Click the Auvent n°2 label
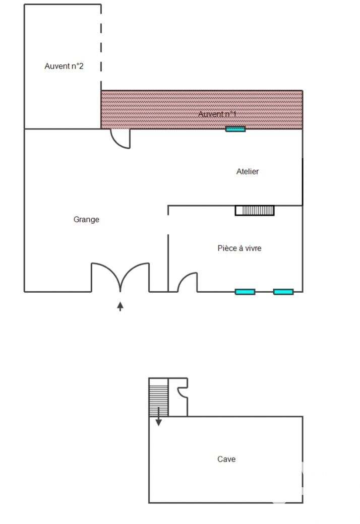(64, 66)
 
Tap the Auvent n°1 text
(217, 114)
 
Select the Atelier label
(248, 171)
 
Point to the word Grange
(86, 220)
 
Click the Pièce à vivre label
(239, 248)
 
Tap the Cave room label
(226, 459)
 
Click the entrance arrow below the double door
(120, 306)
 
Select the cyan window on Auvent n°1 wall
(235, 129)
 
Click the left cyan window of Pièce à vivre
(245, 292)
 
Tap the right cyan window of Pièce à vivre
(283, 292)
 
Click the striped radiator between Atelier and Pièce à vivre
(255, 211)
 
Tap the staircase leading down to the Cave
(158, 398)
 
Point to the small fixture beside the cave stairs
(183, 392)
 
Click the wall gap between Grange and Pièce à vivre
(168, 225)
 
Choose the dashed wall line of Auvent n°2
(101, 43)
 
